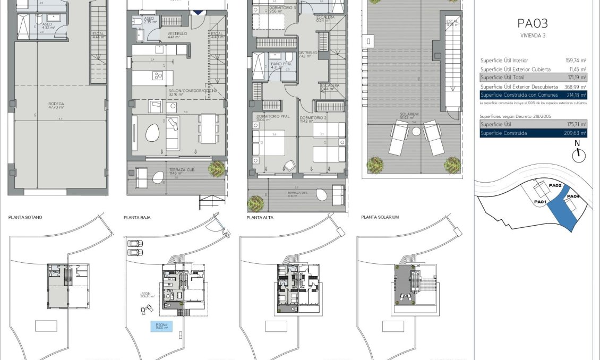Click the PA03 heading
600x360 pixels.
532,23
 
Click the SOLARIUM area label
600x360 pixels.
410,114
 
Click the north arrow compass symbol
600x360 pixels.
578,155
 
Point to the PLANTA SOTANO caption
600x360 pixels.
25,217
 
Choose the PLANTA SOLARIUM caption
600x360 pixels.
380,217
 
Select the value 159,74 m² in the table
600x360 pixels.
576,61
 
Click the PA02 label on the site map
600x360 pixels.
555,185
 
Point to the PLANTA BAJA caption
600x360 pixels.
136,217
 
